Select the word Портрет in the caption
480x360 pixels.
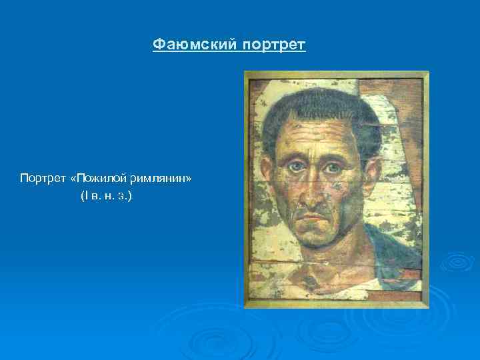pos(43,179)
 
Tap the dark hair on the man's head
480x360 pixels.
pos(313,107)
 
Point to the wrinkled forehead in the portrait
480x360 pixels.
pos(312,139)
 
